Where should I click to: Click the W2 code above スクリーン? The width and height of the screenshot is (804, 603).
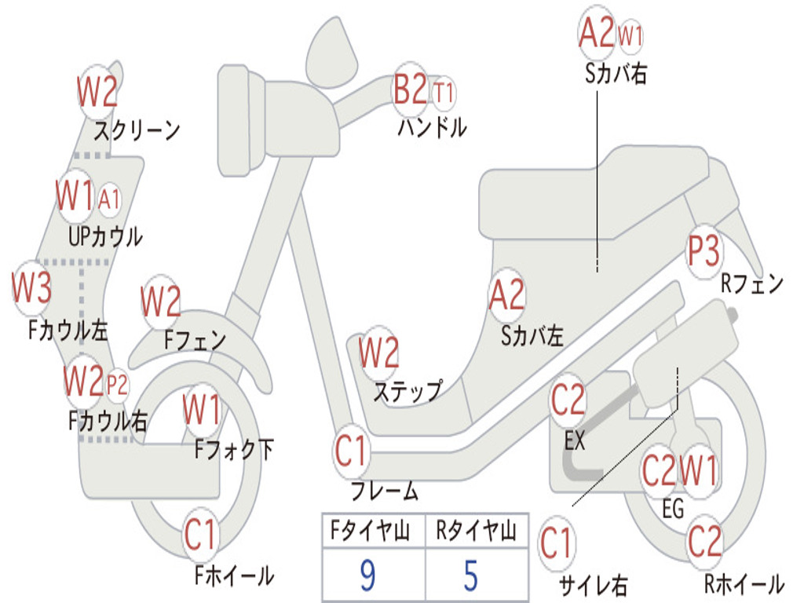97,91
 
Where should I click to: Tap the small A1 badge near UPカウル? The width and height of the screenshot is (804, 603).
108,199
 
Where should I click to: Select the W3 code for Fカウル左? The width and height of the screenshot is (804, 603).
31,287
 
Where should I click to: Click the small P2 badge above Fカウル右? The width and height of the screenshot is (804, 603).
117,385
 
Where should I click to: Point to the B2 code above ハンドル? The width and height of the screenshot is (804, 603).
410,89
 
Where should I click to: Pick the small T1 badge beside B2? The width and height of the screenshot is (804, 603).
444,93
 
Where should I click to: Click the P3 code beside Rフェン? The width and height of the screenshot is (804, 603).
703,250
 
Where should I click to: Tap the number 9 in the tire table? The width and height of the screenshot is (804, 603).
367,576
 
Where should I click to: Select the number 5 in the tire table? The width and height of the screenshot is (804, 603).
471,576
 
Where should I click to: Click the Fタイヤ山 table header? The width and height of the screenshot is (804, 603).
370,530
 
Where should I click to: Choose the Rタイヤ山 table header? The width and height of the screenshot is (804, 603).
476,530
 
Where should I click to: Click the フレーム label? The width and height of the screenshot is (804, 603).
385,491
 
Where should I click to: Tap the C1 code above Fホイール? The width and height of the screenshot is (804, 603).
201,534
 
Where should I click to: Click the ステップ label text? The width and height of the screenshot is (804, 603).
408,391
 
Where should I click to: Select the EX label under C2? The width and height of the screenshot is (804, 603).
574,440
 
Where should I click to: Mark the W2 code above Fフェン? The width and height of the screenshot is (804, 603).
161,301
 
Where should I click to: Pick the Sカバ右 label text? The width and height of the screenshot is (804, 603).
616,73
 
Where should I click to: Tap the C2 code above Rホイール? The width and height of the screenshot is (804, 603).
704,542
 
